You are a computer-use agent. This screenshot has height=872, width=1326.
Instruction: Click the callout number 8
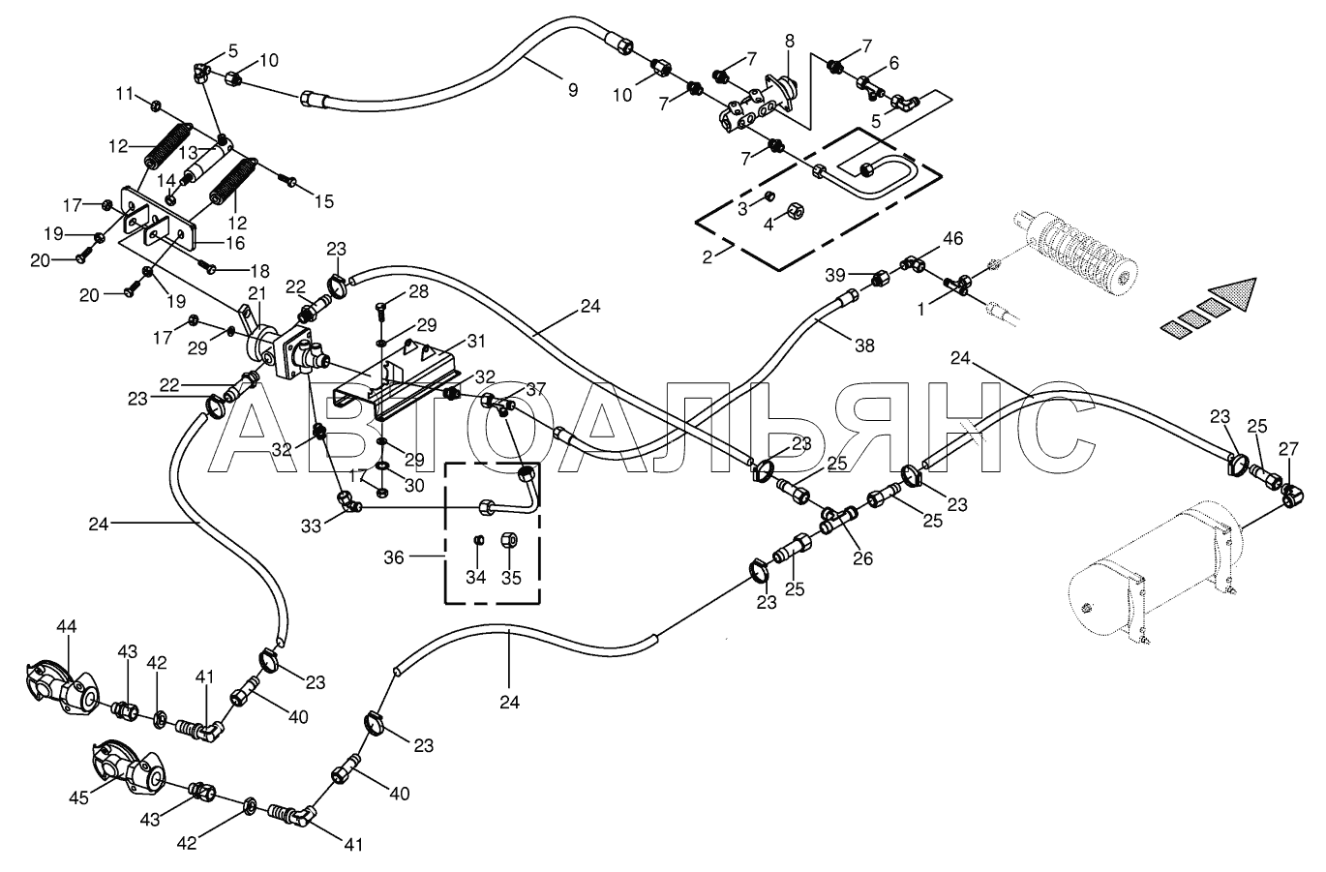coord(789,42)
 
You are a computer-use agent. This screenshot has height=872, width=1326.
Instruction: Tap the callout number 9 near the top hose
coord(572,91)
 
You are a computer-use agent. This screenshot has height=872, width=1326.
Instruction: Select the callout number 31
coord(476,341)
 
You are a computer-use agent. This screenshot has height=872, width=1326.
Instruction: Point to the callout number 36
coord(394,557)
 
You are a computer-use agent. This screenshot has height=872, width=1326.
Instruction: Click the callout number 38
coord(864,346)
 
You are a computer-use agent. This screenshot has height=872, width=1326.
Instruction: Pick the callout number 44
coord(67,626)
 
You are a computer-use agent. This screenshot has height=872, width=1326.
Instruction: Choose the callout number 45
coord(78,797)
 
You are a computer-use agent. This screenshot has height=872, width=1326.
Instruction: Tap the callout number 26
coord(862,558)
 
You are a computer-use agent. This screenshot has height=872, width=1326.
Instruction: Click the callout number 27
coord(1287,449)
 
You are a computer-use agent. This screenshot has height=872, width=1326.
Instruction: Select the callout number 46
coord(952,239)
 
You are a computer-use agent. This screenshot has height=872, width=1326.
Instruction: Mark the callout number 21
coord(256,293)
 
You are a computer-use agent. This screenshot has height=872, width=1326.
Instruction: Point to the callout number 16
coord(234,243)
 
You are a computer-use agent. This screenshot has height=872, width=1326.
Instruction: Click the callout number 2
coord(708,257)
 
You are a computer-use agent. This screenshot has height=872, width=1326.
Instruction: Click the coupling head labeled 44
coord(63,688)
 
